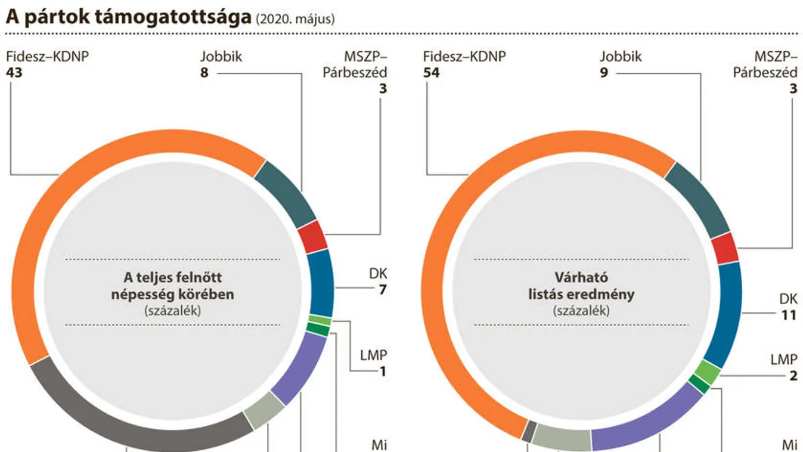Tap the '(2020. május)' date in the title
tap(295, 19)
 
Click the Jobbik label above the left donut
tap(221, 58)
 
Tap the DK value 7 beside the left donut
tap(382, 290)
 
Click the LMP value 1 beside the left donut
tap(383, 372)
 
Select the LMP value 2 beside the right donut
tap(792, 376)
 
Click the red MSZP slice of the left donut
tap(312, 237)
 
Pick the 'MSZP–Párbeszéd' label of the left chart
tap(361, 65)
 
